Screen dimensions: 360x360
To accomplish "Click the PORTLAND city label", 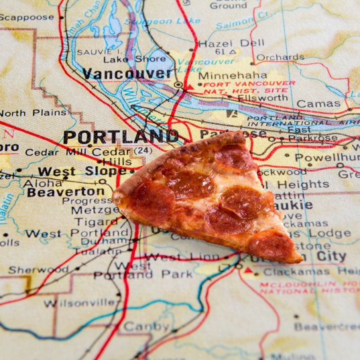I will (x=121, y=137).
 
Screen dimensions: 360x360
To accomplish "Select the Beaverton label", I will (x=66, y=192).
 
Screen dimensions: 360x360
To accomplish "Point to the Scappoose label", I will (x=27, y=17).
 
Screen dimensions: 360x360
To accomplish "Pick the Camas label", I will (x=318, y=104).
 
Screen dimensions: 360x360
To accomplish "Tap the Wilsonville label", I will (x=79, y=302).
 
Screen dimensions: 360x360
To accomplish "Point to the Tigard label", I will (x=95, y=222).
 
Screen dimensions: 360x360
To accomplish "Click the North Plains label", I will (x=33, y=113).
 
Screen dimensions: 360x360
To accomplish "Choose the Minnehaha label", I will (x=232, y=76).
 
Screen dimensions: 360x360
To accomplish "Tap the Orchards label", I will (x=280, y=58).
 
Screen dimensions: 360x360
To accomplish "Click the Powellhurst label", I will (x=326, y=158).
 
